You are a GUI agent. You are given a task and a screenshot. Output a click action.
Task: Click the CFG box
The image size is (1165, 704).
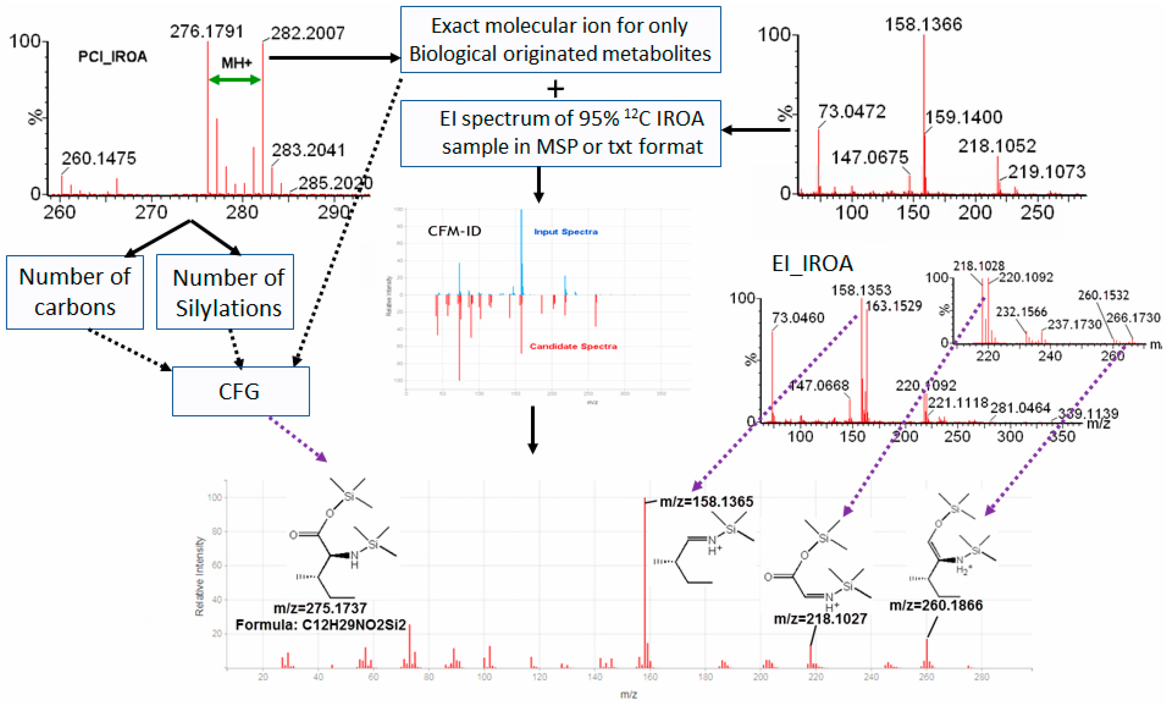click(240, 391)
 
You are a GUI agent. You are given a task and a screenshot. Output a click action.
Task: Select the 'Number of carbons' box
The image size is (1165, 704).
click(75, 292)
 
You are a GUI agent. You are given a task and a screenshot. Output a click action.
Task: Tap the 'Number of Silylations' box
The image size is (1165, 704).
click(225, 292)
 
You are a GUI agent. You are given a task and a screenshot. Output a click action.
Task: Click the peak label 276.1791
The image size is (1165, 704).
click(207, 31)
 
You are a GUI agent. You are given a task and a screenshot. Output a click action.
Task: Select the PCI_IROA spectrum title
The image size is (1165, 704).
click(112, 57)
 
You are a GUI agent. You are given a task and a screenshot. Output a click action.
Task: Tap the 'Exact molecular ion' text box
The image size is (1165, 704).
click(560, 39)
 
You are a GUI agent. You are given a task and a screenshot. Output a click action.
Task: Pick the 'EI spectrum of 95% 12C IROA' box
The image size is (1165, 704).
click(560, 133)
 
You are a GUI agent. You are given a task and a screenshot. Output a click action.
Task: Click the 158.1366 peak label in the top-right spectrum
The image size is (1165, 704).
click(923, 24)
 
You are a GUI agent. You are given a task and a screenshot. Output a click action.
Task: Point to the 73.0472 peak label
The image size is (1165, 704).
click(851, 112)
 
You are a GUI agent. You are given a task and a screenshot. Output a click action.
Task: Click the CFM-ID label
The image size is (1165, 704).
click(454, 231)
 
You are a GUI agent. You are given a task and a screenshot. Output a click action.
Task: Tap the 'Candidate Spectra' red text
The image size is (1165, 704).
click(573, 346)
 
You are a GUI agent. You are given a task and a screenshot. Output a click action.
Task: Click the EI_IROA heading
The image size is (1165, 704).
click(812, 263)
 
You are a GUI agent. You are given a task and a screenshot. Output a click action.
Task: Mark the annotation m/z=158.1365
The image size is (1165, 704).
click(706, 502)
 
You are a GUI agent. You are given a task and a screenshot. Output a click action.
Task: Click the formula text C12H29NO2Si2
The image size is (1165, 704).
click(320, 625)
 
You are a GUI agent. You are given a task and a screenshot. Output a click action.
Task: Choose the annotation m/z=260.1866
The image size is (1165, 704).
click(936, 605)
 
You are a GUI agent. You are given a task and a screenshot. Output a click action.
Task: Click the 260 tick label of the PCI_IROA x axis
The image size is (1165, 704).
click(60, 212)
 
